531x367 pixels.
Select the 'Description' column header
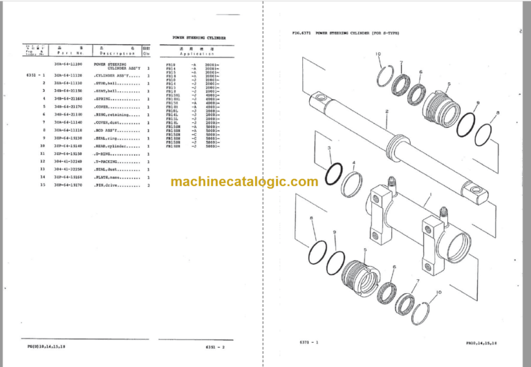(116, 53)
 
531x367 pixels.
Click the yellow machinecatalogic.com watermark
(244, 182)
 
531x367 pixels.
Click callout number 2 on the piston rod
(386, 112)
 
